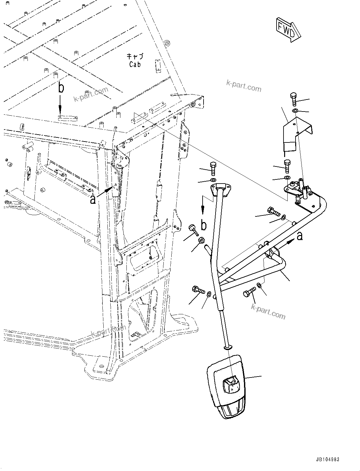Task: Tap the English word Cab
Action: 135,64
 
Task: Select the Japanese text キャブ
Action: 135,57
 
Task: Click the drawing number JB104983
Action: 327,460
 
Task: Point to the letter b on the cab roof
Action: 61,88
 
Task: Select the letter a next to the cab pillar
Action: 93,199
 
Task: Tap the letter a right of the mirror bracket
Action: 299,235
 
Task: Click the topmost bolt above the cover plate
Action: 294,99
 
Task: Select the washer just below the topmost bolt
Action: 295,111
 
